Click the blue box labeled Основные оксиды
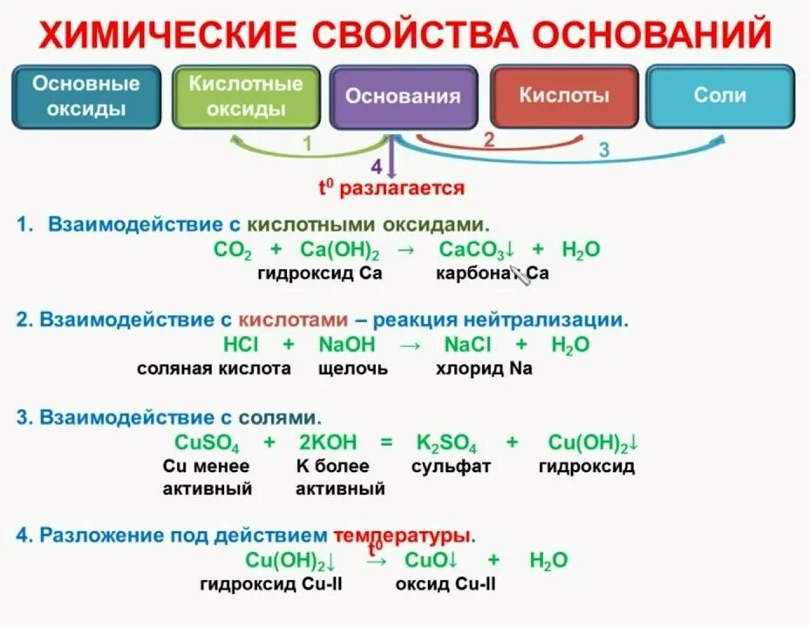[x=85, y=97]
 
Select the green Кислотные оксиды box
[x=246, y=97]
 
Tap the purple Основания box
[x=403, y=97]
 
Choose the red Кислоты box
[x=564, y=96]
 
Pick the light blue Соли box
[x=719, y=96]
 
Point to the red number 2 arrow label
[x=489, y=139]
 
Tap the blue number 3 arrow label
[x=603, y=150]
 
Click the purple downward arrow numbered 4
[x=391, y=161]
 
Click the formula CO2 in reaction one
[x=232, y=251]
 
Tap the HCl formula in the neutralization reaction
[x=238, y=345]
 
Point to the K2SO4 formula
[x=446, y=442]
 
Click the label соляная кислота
[x=214, y=368]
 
